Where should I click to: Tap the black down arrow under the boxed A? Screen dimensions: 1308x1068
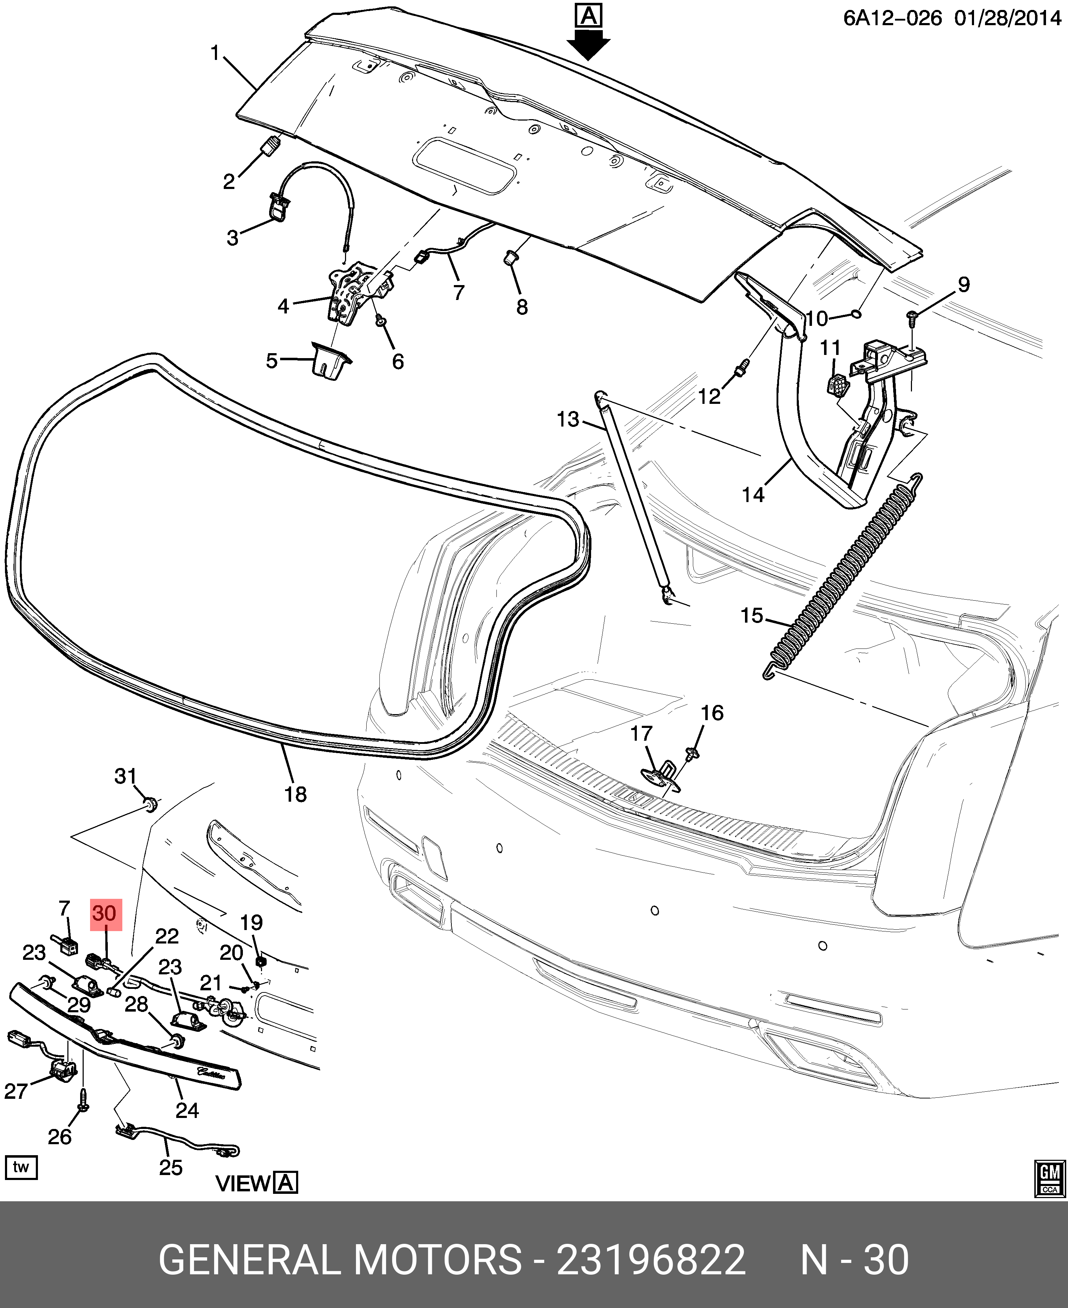[588, 46]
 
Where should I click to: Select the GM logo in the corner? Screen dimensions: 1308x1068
[1050, 1178]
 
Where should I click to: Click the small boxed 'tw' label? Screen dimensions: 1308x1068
[21, 1167]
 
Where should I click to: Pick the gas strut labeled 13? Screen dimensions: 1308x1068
[634, 498]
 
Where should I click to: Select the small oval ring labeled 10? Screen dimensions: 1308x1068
[856, 315]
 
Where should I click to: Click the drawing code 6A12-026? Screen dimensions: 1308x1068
[892, 18]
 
